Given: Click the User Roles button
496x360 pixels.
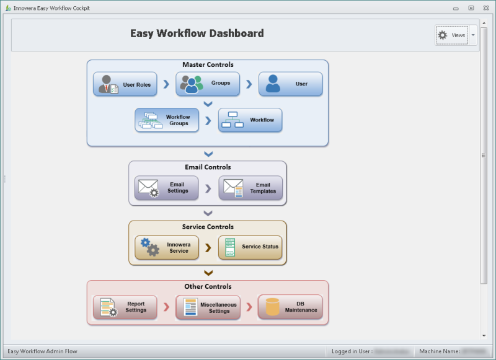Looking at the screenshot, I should (x=125, y=84).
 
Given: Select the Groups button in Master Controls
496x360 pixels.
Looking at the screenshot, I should (x=208, y=84).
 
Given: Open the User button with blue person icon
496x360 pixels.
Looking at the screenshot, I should (x=290, y=84).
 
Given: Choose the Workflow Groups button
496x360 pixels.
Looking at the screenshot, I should (x=167, y=120).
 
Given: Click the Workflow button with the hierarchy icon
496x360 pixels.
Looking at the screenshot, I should (x=250, y=120).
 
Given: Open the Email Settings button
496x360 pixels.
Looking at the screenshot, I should (x=166, y=188).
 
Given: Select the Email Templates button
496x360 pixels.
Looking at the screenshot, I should (x=250, y=188).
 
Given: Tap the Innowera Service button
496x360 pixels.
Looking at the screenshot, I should (x=167, y=247).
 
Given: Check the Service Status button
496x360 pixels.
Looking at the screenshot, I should (x=250, y=247).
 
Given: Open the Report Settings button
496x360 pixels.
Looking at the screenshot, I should (x=125, y=307).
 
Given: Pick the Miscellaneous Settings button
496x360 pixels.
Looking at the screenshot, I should (x=208, y=307).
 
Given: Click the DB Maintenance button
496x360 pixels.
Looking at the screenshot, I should (x=290, y=307).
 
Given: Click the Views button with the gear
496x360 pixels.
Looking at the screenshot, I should (x=452, y=35).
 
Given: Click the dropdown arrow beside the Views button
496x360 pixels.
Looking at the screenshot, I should (x=473, y=35).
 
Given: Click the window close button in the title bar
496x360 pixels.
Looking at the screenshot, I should (x=485, y=8).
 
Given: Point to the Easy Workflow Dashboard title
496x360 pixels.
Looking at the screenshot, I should (x=197, y=33).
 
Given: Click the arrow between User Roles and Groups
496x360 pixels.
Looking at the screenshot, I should (x=166, y=84).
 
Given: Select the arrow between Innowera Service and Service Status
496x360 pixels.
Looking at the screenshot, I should (x=208, y=247).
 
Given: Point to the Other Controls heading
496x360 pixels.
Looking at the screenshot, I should (x=208, y=286).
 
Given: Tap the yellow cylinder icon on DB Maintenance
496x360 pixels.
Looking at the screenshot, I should (x=272, y=307).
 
